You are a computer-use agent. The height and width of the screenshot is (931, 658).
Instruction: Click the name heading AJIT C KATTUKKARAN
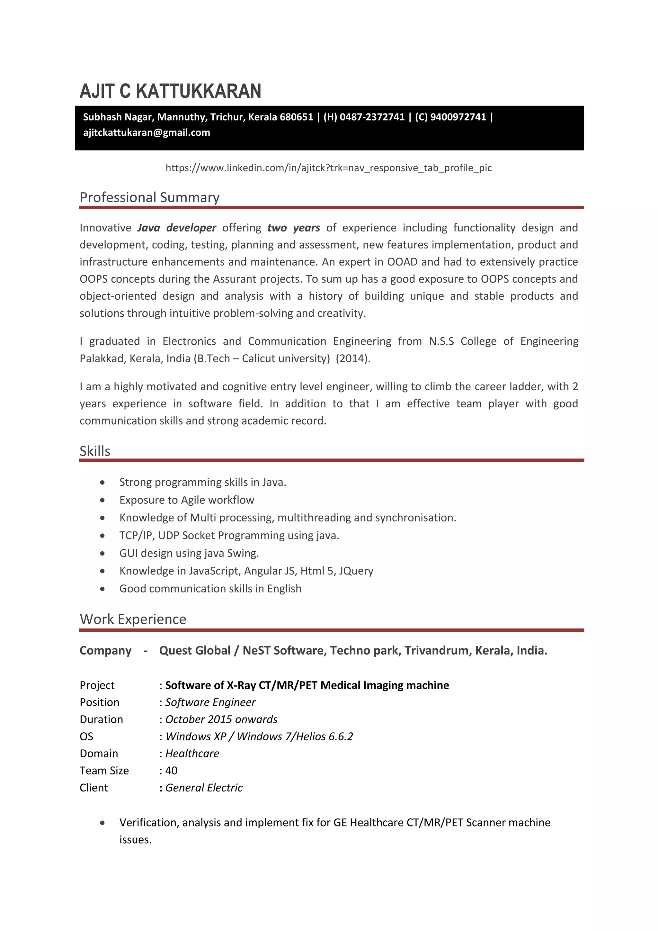click(x=170, y=91)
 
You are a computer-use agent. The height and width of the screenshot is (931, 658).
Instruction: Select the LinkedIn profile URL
click(x=329, y=168)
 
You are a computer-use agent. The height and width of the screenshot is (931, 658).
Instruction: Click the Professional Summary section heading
click(x=149, y=197)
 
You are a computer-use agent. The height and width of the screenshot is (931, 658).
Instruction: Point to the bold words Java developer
click(x=177, y=228)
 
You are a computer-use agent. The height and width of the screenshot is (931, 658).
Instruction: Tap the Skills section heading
click(x=95, y=451)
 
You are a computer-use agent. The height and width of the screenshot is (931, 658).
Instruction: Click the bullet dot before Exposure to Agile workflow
click(x=102, y=500)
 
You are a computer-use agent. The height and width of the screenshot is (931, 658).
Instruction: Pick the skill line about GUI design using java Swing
click(x=189, y=553)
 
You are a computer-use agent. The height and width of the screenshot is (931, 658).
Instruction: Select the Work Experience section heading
click(x=133, y=619)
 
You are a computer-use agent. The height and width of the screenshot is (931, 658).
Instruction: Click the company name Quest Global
click(x=194, y=650)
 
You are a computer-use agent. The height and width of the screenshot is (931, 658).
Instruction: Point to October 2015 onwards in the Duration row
click(x=221, y=719)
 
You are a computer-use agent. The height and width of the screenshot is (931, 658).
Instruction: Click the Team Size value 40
click(x=171, y=771)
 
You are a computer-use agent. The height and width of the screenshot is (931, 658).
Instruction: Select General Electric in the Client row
click(x=204, y=787)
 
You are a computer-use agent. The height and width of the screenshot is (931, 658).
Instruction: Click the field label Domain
click(x=99, y=754)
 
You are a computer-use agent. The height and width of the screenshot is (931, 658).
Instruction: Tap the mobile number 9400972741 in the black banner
click(x=458, y=117)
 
